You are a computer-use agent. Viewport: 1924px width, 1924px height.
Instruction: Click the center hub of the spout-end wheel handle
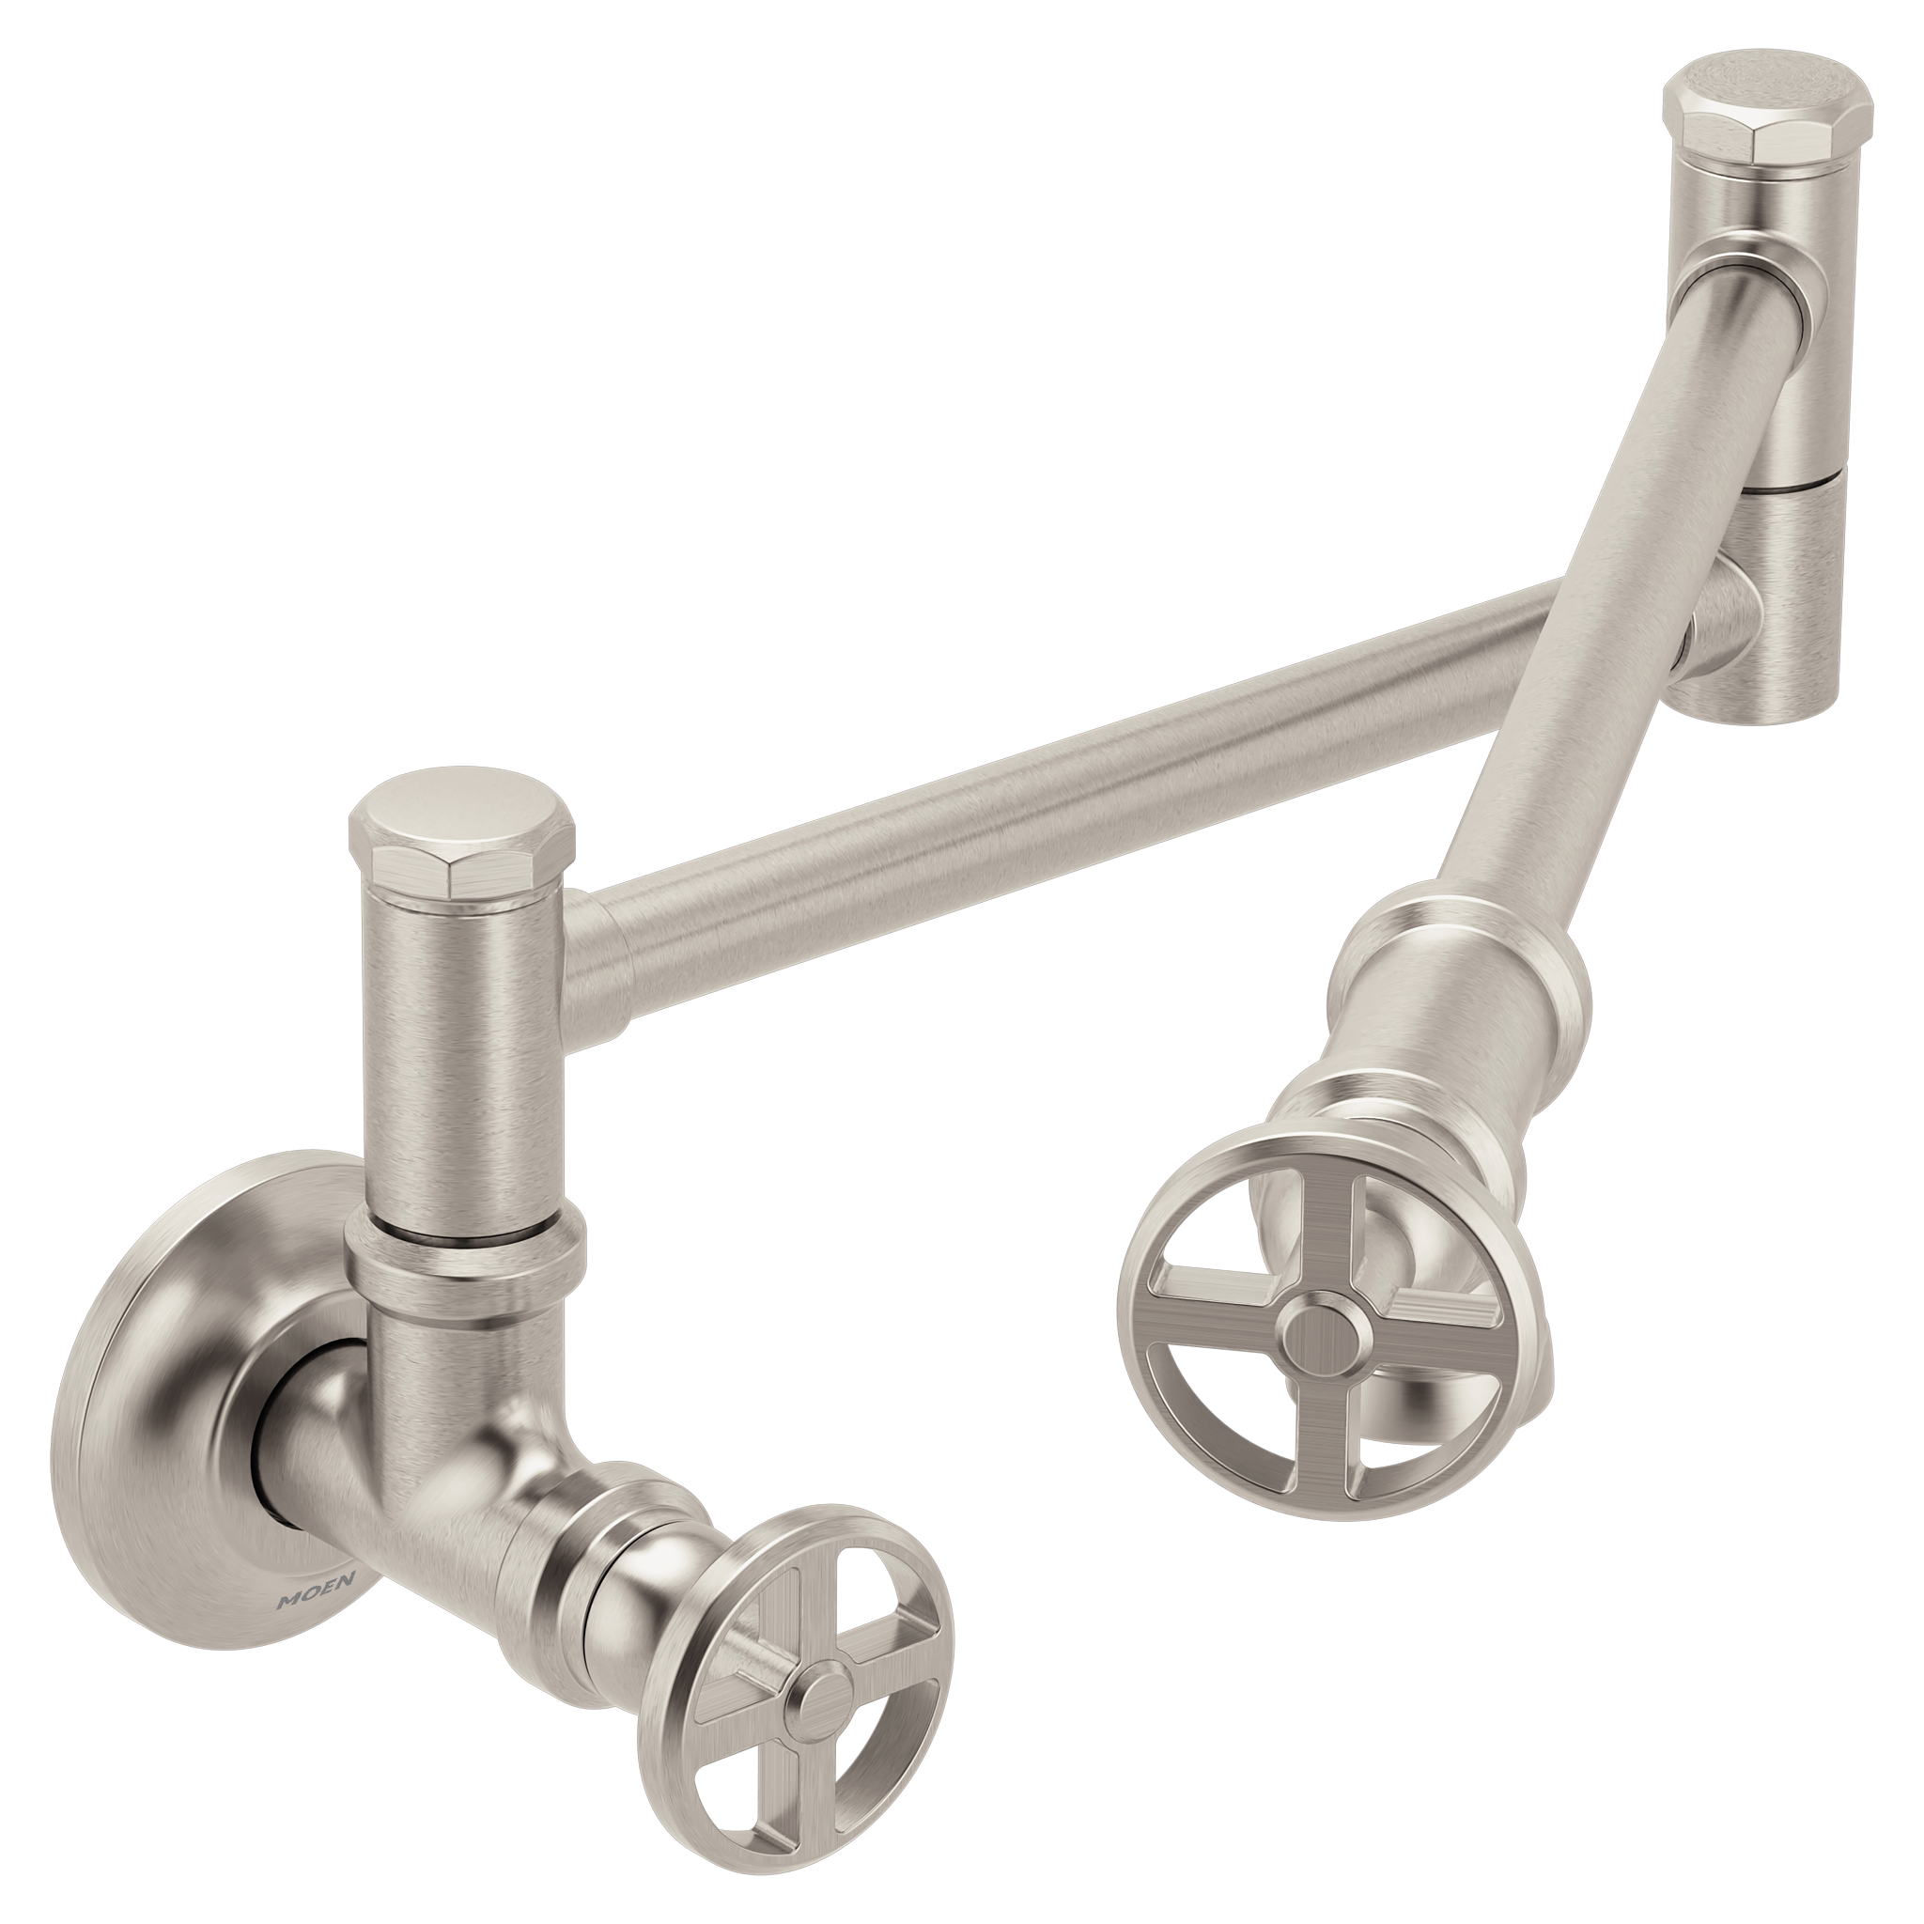pyautogui.click(x=1322, y=1331)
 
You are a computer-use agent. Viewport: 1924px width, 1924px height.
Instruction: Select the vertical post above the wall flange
pyautogui.click(x=460, y=1046)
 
